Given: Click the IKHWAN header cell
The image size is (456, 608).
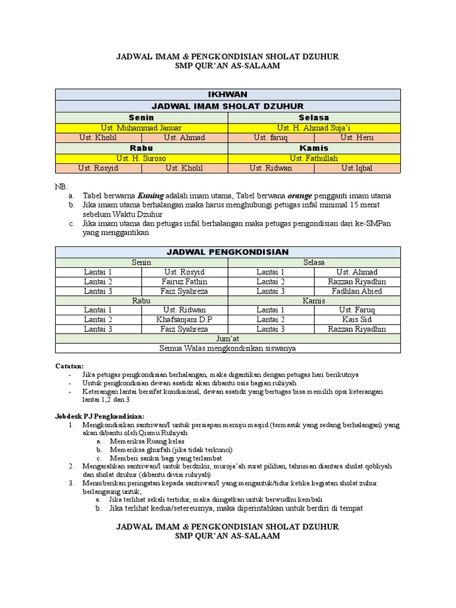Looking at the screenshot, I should (228, 94).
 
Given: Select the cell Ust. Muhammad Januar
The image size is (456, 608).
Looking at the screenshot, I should (141, 128).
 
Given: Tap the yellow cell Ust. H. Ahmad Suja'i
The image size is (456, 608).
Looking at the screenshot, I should (314, 128).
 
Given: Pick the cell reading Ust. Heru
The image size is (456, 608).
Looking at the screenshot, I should (357, 138).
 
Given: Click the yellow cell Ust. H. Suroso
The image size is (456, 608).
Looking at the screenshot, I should (141, 158).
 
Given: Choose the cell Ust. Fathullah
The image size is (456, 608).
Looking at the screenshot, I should (314, 158).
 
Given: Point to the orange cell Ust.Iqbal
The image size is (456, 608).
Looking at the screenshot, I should (357, 168).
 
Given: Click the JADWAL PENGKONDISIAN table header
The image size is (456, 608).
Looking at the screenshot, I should (228, 252).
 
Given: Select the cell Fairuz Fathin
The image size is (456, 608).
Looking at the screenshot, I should (184, 281).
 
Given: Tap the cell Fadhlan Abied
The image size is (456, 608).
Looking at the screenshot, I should (357, 291).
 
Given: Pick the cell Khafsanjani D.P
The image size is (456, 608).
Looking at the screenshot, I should (184, 319).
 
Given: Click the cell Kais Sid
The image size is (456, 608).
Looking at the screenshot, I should (357, 319).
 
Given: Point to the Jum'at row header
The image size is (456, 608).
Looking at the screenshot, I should (228, 338).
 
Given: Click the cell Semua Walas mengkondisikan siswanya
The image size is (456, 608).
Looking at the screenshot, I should (228, 349).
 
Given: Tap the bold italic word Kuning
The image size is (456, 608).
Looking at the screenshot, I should (151, 195).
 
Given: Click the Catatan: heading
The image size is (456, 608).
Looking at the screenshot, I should (69, 366).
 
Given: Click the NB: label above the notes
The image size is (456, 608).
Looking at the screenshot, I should (62, 186).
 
